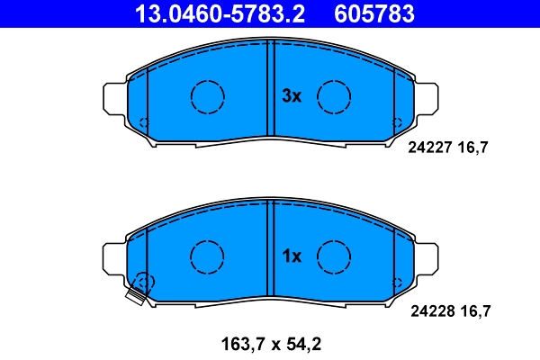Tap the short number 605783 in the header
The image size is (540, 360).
click(x=374, y=13)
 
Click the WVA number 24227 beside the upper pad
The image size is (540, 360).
click(x=428, y=150)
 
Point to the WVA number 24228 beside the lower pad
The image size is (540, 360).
click(x=428, y=311)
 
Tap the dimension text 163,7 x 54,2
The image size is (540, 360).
click(x=271, y=342)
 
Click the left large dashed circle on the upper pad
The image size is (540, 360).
click(x=207, y=95)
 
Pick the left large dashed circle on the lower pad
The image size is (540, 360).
click(x=207, y=256)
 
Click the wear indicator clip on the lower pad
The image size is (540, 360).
click(x=137, y=294)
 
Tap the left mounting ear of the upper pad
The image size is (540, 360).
click(x=116, y=97)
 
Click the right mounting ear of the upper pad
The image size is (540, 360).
click(x=426, y=97)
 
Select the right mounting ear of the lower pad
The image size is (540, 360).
click(x=426, y=258)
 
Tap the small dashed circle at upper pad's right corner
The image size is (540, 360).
click(x=397, y=121)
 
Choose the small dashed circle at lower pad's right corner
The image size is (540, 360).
click(x=397, y=283)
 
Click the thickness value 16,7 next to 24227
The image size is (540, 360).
click(x=473, y=150)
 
